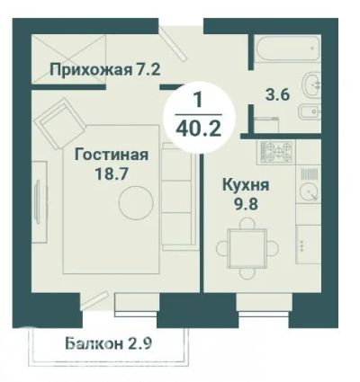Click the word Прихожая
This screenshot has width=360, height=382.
91,70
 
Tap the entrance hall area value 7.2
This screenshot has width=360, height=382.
148,69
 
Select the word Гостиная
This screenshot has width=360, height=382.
112,155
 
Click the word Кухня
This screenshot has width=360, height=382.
246,186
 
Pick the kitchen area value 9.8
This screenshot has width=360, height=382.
246,205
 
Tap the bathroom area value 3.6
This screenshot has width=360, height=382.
277,95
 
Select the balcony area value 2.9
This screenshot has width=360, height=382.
140,343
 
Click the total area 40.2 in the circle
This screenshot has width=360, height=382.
199,129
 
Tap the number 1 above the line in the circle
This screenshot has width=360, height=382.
198,100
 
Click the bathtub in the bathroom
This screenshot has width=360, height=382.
287,49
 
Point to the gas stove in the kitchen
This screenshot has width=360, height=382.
276,152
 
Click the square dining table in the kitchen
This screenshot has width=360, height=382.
247,248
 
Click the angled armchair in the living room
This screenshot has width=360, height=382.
60,124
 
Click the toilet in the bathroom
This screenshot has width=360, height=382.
309,112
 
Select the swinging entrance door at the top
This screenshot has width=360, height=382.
171,42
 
